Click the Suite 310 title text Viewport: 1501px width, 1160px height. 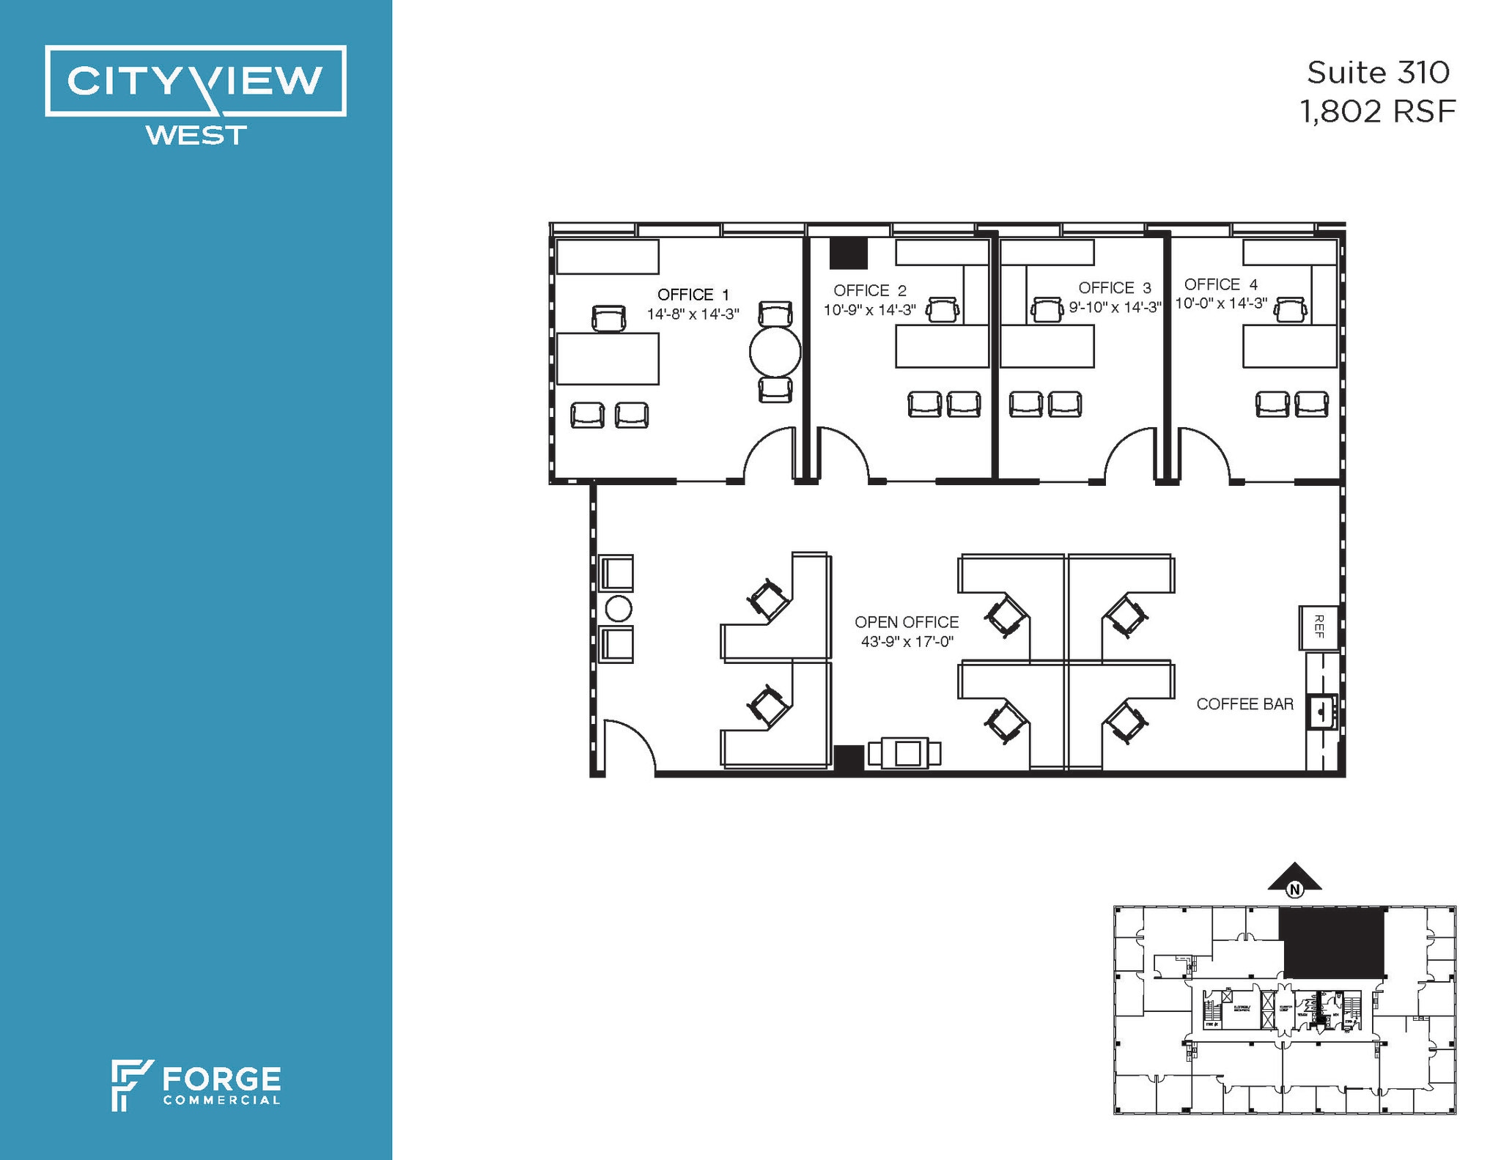point(1378,73)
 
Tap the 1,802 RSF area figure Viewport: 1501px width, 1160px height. point(1377,112)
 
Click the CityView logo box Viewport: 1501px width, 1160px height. point(196,81)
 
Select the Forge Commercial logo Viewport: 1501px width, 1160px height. point(196,1085)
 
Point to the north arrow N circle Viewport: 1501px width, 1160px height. point(1295,890)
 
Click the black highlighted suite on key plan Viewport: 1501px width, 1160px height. point(1332,942)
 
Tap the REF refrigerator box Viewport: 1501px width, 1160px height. point(1319,627)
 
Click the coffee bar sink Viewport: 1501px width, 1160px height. point(1323,712)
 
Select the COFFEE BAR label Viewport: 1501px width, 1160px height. point(1244,704)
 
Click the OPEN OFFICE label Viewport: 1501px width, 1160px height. point(907,622)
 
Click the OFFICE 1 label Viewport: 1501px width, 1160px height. point(693,295)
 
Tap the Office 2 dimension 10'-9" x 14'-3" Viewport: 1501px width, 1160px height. point(870,310)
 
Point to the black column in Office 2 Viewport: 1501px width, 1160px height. point(849,254)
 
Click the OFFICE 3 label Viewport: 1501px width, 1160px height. point(1114,288)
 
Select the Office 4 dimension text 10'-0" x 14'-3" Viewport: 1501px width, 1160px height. point(1221,303)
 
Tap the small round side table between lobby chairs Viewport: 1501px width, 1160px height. point(618,609)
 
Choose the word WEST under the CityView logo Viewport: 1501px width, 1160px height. point(196,136)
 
